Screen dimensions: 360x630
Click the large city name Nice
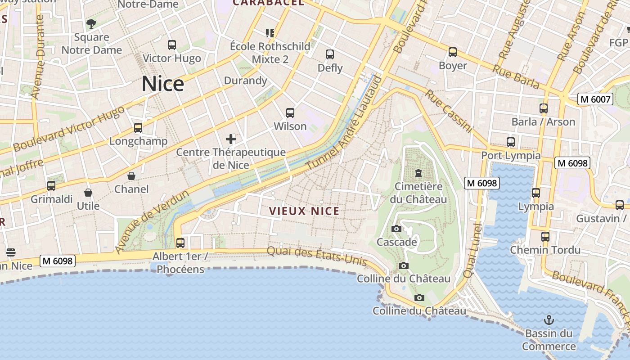pos(163,84)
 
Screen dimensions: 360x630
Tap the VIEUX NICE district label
pos(304,211)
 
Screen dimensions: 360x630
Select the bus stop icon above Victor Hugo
pos(172,45)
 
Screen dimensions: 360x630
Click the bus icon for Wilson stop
pos(290,113)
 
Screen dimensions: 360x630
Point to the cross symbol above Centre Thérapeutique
pos(231,139)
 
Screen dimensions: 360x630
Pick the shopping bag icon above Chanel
pos(131,176)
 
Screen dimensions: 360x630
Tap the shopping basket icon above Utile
pos(88,193)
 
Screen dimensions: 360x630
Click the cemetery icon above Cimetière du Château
pos(418,173)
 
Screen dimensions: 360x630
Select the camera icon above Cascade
pos(396,229)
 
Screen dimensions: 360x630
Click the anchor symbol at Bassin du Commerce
pos(549,320)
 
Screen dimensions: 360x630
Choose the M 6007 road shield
pos(595,99)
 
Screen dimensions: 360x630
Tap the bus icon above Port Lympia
pos(511,142)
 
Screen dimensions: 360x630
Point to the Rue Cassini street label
pos(449,111)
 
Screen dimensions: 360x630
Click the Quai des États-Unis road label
pos(317,256)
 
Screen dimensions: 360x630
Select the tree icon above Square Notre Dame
pos(91,24)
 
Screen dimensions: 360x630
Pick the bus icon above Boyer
pos(453,52)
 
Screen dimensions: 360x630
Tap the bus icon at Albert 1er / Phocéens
pos(180,243)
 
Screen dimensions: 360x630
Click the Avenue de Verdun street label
pos(152,222)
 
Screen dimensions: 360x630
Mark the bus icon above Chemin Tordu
pos(545,237)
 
